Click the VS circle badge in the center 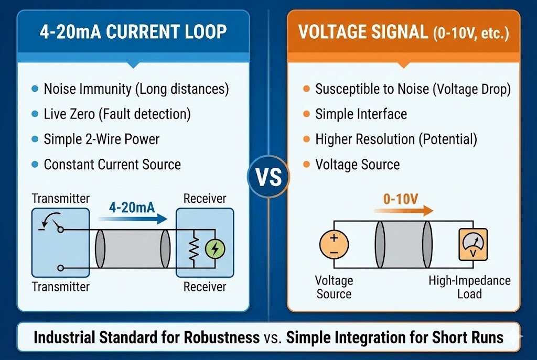[268, 177]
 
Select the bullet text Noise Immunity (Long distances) [136, 89]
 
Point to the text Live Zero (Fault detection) [117, 114]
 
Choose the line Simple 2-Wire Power [101, 139]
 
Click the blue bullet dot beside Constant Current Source [35, 164]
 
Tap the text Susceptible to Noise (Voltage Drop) [413, 89]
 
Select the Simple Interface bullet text [361, 114]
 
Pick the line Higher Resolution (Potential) [396, 139]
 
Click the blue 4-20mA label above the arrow [132, 208]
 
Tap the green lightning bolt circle [213, 249]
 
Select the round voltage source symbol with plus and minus [334, 245]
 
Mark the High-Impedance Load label [469, 287]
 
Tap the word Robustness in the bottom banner [222, 337]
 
